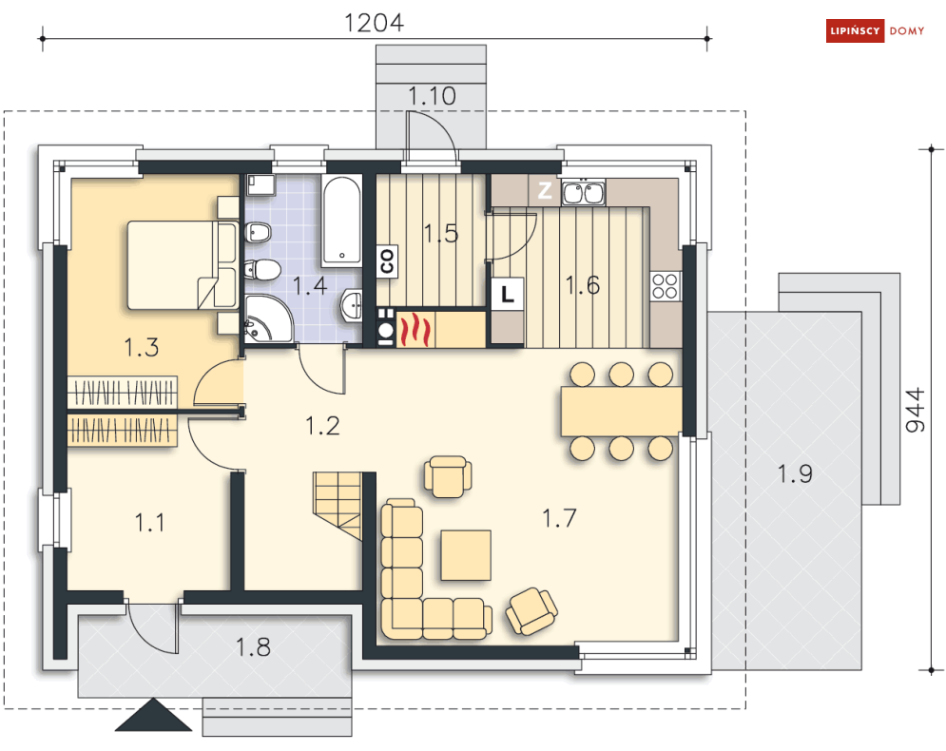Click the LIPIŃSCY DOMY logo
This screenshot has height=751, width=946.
coord(876,30)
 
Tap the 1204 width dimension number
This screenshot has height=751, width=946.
coord(374,23)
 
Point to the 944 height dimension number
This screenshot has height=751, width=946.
coord(916,410)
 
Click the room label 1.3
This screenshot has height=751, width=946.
coord(141,347)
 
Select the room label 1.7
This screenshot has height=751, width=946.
coord(559,518)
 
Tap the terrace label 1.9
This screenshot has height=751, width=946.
coord(795,473)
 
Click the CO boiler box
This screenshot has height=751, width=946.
coord(387,261)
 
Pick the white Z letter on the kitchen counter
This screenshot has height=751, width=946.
coord(545,191)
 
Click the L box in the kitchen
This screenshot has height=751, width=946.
coord(508,294)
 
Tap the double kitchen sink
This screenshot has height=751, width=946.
coord(584,192)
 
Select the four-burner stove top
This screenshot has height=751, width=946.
coord(666,286)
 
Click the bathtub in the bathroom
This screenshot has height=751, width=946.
coord(341,221)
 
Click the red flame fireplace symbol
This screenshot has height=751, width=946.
coord(415,330)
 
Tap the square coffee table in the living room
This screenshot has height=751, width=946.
coord(466,555)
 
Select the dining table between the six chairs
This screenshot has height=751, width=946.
coord(622,412)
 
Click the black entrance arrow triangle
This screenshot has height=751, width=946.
coord(153,716)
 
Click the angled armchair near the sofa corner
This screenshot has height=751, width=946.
coord(531,611)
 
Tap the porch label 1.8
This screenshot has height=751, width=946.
coord(253,647)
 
